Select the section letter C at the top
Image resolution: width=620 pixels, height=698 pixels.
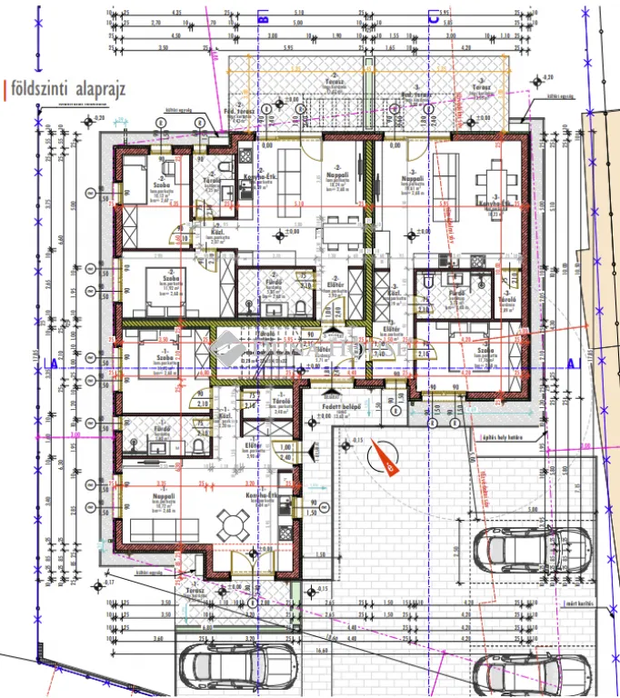click(434, 15)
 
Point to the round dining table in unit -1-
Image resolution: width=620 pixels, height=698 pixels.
click(232, 523)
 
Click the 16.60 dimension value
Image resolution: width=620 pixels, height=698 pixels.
click(322, 650)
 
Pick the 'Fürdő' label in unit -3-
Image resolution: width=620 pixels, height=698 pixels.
click(457, 293)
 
